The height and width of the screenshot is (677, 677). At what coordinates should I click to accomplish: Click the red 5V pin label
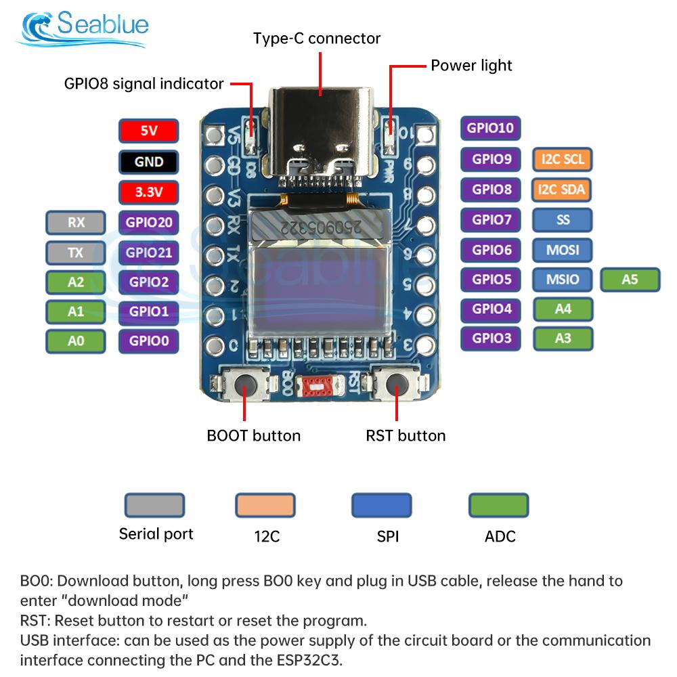click(x=148, y=131)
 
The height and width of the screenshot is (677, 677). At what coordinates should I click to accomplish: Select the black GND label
click(x=148, y=162)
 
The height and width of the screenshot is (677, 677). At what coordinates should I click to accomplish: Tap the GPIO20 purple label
click(x=148, y=222)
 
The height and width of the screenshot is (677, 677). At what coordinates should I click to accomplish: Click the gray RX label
click(x=76, y=222)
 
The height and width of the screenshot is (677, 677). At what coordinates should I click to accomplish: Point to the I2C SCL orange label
click(x=563, y=160)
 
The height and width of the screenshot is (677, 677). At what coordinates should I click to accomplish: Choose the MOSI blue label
click(x=563, y=250)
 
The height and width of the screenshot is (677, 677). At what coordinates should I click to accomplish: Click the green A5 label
click(x=630, y=279)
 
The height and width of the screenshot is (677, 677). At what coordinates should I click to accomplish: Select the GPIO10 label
click(x=491, y=128)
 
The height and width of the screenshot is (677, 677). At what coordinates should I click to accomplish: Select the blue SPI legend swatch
click(x=381, y=505)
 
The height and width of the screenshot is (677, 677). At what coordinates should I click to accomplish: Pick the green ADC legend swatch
click(x=499, y=505)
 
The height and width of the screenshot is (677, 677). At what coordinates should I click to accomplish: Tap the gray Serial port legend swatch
click(x=154, y=505)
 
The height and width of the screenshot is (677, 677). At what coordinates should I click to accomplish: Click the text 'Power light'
click(x=471, y=66)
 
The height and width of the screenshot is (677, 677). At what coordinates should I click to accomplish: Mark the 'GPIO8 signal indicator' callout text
click(x=144, y=84)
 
